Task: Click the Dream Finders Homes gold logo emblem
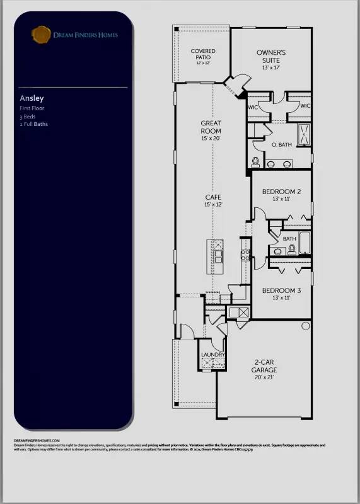pyautogui.click(x=41, y=33)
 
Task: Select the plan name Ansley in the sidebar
pyautogui.click(x=30, y=98)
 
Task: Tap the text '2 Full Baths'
pyautogui.click(x=33, y=124)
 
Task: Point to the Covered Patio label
pyautogui.click(x=204, y=54)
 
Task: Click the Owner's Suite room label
pyautogui.click(x=271, y=56)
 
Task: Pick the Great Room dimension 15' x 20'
pyautogui.click(x=211, y=138)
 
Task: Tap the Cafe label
pyautogui.click(x=211, y=197)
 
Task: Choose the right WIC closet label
pyautogui.click(x=305, y=106)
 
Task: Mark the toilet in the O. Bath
pyautogui.click(x=255, y=162)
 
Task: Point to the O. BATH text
pyautogui.click(x=281, y=145)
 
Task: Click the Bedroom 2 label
pyautogui.click(x=281, y=191)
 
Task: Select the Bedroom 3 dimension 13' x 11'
pyautogui.click(x=281, y=298)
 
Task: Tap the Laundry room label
pyautogui.click(x=209, y=355)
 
